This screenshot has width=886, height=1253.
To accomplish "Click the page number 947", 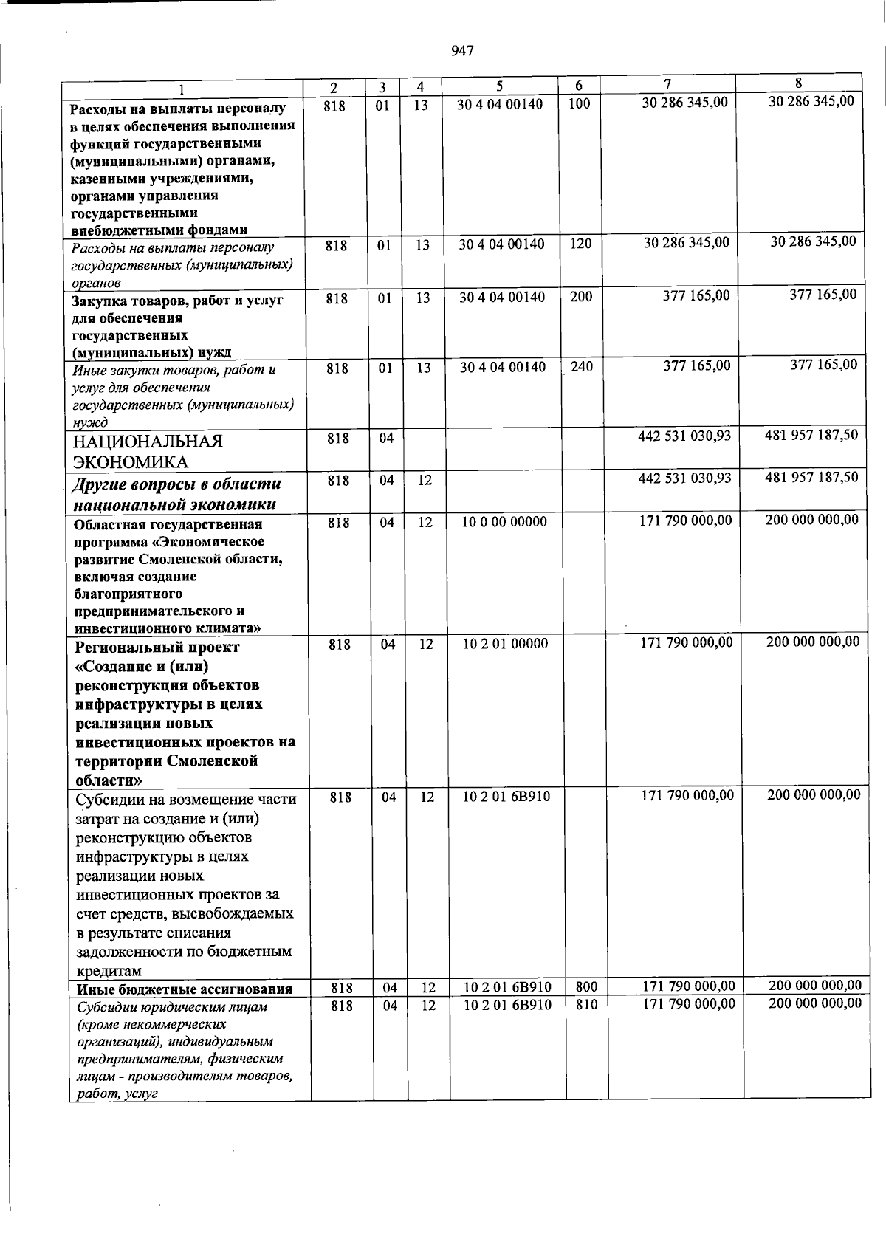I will click(x=461, y=50).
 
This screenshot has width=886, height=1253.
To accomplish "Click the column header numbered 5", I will click(x=499, y=86).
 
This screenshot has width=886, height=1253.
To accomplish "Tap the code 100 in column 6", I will click(x=580, y=104).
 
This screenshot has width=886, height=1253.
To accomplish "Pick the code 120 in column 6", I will click(x=581, y=244).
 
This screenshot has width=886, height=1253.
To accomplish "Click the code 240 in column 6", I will click(x=582, y=366).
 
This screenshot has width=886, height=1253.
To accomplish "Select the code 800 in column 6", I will click(x=586, y=987).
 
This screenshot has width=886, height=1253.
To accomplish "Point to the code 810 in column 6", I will click(x=586, y=1005).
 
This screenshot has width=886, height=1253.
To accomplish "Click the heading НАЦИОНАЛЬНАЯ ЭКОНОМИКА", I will click(x=147, y=452).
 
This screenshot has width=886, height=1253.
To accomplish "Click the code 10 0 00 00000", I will click(x=504, y=522).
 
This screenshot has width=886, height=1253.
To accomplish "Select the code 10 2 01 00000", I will click(x=505, y=644).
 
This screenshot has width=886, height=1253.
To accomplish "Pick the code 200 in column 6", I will click(x=581, y=297).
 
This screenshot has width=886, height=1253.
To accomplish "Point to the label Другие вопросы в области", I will click(x=176, y=484).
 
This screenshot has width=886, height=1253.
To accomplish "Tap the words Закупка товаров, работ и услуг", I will click(x=177, y=301).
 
